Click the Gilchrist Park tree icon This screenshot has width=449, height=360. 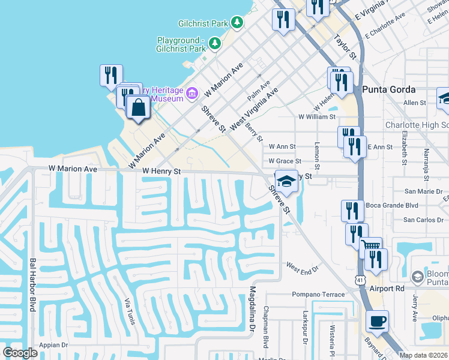coord(238,23)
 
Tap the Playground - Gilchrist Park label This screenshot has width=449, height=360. coord(181,44)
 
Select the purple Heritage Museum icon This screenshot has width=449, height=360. coord(192,93)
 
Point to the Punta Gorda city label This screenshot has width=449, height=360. coord(389,89)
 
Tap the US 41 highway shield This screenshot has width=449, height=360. coord(359,280)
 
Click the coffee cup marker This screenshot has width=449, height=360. coord(377,321)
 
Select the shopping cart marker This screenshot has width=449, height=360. coord(371,245)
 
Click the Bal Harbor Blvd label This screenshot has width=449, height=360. coord(32,284)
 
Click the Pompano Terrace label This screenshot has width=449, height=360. coord(319,295)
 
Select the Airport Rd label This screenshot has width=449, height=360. coord(387,288)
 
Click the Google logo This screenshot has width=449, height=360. coord(20,353)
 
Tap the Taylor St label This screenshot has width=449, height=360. coord(345,46)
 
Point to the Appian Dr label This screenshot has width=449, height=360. coord(54,345)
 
